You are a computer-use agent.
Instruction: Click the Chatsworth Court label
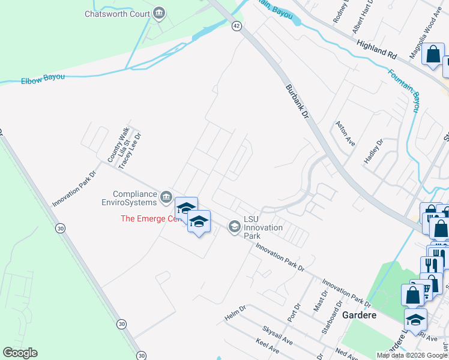click(117, 13)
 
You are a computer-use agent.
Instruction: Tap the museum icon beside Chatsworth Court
click(159, 13)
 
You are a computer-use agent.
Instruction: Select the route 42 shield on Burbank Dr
click(237, 26)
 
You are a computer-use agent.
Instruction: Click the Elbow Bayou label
click(43, 80)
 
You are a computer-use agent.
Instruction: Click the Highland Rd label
click(377, 49)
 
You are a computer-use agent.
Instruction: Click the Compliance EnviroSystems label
click(134, 198)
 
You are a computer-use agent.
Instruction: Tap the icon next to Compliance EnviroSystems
click(166, 196)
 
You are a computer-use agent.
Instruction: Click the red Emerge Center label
click(150, 218)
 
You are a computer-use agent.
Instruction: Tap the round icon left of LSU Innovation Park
click(234, 226)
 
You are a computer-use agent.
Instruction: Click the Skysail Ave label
click(277, 335)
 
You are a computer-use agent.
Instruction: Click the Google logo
click(20, 353)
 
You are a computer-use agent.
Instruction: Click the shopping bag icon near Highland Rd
click(433, 54)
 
